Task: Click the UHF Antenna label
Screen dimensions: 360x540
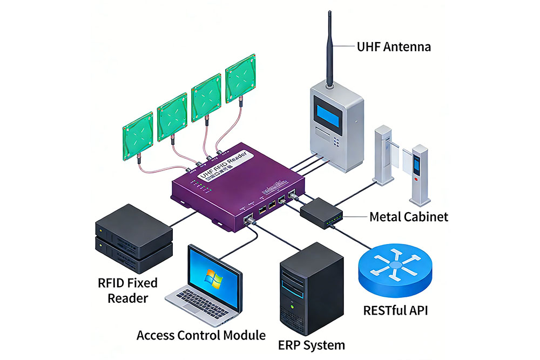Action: click(x=394, y=46)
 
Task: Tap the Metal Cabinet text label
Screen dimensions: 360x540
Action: click(x=408, y=217)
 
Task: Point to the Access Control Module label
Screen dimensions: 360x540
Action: click(x=201, y=335)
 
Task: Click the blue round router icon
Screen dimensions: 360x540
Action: click(x=394, y=266)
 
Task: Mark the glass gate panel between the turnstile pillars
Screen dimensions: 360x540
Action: click(x=400, y=157)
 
